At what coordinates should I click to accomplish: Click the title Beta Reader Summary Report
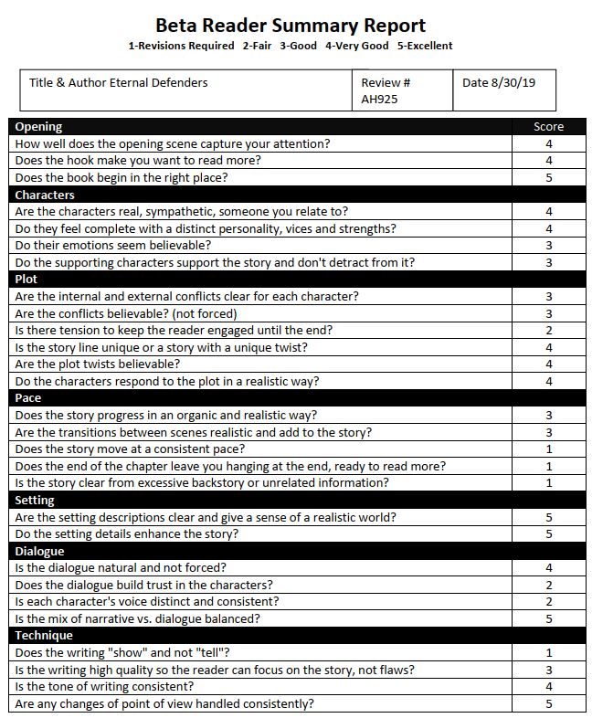click(291, 25)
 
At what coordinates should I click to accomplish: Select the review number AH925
click(379, 100)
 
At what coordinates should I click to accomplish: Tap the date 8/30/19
click(499, 82)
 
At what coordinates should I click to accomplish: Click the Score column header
click(548, 127)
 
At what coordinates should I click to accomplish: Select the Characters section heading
click(45, 195)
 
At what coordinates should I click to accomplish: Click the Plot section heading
click(26, 280)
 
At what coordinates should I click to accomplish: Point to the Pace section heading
click(28, 398)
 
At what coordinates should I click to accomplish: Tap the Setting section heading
click(36, 501)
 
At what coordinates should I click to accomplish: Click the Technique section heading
click(44, 636)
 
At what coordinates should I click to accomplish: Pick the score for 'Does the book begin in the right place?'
click(549, 177)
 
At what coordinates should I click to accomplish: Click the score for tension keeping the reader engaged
click(549, 331)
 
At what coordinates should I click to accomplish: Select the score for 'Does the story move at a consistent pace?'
click(549, 449)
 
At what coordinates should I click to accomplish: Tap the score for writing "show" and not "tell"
click(549, 653)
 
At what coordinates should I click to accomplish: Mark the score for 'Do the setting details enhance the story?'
click(549, 534)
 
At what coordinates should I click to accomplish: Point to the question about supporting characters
click(215, 263)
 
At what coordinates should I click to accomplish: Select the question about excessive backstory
click(202, 483)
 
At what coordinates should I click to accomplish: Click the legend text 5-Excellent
click(425, 46)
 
